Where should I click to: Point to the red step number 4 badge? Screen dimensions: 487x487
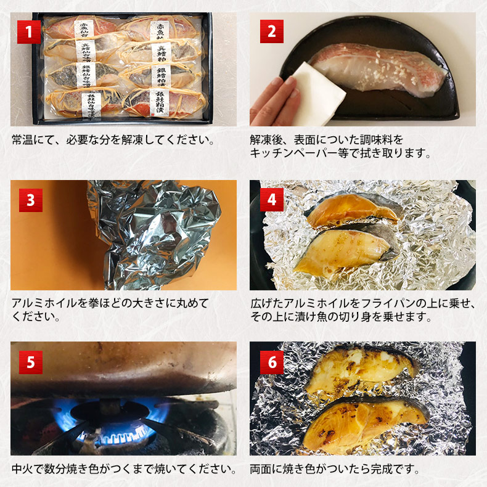point(271,200)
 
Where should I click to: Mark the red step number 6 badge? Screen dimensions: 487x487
point(271,362)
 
